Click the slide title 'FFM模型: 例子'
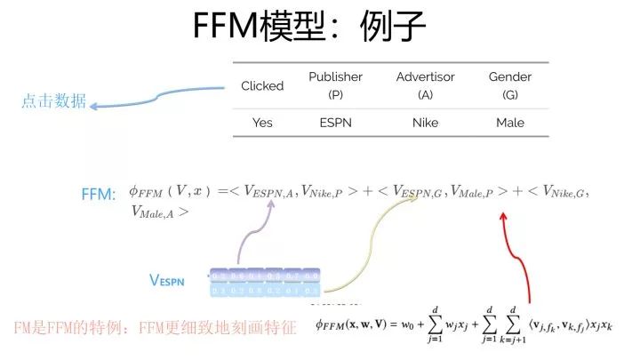tap(310, 28)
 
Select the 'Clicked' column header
tap(262, 85)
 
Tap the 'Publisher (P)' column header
tap(335, 85)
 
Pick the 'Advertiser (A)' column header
tap(425, 85)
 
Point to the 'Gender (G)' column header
tap(510, 85)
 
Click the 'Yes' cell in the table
tap(262, 123)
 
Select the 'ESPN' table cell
tap(335, 123)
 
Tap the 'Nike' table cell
tap(425, 123)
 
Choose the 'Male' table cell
tap(510, 123)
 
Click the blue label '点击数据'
tap(54, 101)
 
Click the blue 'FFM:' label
tap(99, 193)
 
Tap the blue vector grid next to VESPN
tap(264, 283)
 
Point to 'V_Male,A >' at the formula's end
tap(159, 212)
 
